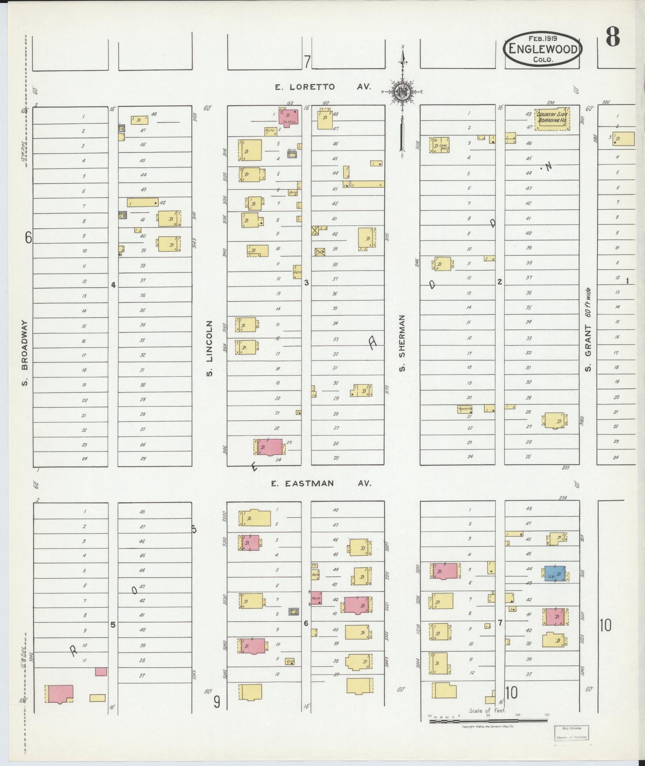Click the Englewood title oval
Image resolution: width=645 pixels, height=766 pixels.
pyautogui.click(x=542, y=49)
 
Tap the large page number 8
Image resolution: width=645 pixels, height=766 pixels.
pyautogui.click(x=612, y=37)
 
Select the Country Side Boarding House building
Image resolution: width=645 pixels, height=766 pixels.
pyautogui.click(x=553, y=119)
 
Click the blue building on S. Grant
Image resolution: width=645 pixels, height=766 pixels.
pyautogui.click(x=554, y=574)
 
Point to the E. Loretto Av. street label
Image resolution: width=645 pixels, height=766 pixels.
pyautogui.click(x=323, y=87)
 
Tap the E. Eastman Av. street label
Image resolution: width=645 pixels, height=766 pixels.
pyautogui.click(x=321, y=483)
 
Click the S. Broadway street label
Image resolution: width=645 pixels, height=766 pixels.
pyautogui.click(x=25, y=353)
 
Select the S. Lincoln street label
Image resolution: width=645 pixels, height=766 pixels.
pyautogui.click(x=210, y=348)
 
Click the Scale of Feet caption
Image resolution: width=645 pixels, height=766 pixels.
pyautogui.click(x=487, y=711)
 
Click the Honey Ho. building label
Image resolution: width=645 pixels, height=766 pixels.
pyautogui.click(x=464, y=408)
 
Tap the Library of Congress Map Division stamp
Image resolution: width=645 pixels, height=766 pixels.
pyautogui.click(x=572, y=732)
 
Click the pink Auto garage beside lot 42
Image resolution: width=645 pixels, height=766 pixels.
pyautogui.click(x=316, y=598)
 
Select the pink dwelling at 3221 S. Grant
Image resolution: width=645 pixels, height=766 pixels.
pyautogui.click(x=555, y=616)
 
